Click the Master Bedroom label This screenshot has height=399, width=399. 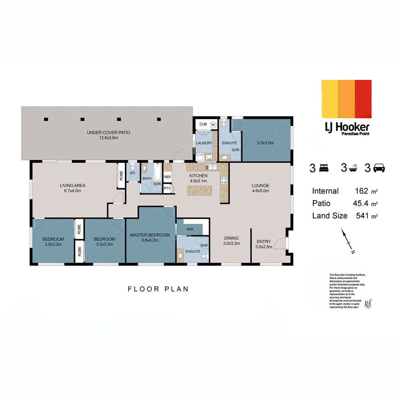coord(150,235)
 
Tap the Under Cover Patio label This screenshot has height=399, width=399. coord(108,133)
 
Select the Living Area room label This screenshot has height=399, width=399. coord(73,185)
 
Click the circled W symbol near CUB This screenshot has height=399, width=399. coord(213,125)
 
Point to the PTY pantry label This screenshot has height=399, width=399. coord(167,188)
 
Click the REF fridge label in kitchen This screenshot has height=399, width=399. coord(167,177)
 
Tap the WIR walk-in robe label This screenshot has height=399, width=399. coord(190,229)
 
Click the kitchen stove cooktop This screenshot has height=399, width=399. coord(224,180)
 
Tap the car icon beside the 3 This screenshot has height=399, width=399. coord(379,168)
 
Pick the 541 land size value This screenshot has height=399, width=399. coord(362,216)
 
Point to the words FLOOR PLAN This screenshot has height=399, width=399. coord(158,289)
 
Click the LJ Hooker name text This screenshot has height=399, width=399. coord(347,127)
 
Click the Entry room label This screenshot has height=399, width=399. coord(263,242)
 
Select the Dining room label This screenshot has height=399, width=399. coord(231,238)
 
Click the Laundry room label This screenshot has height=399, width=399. coord(204,143)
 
